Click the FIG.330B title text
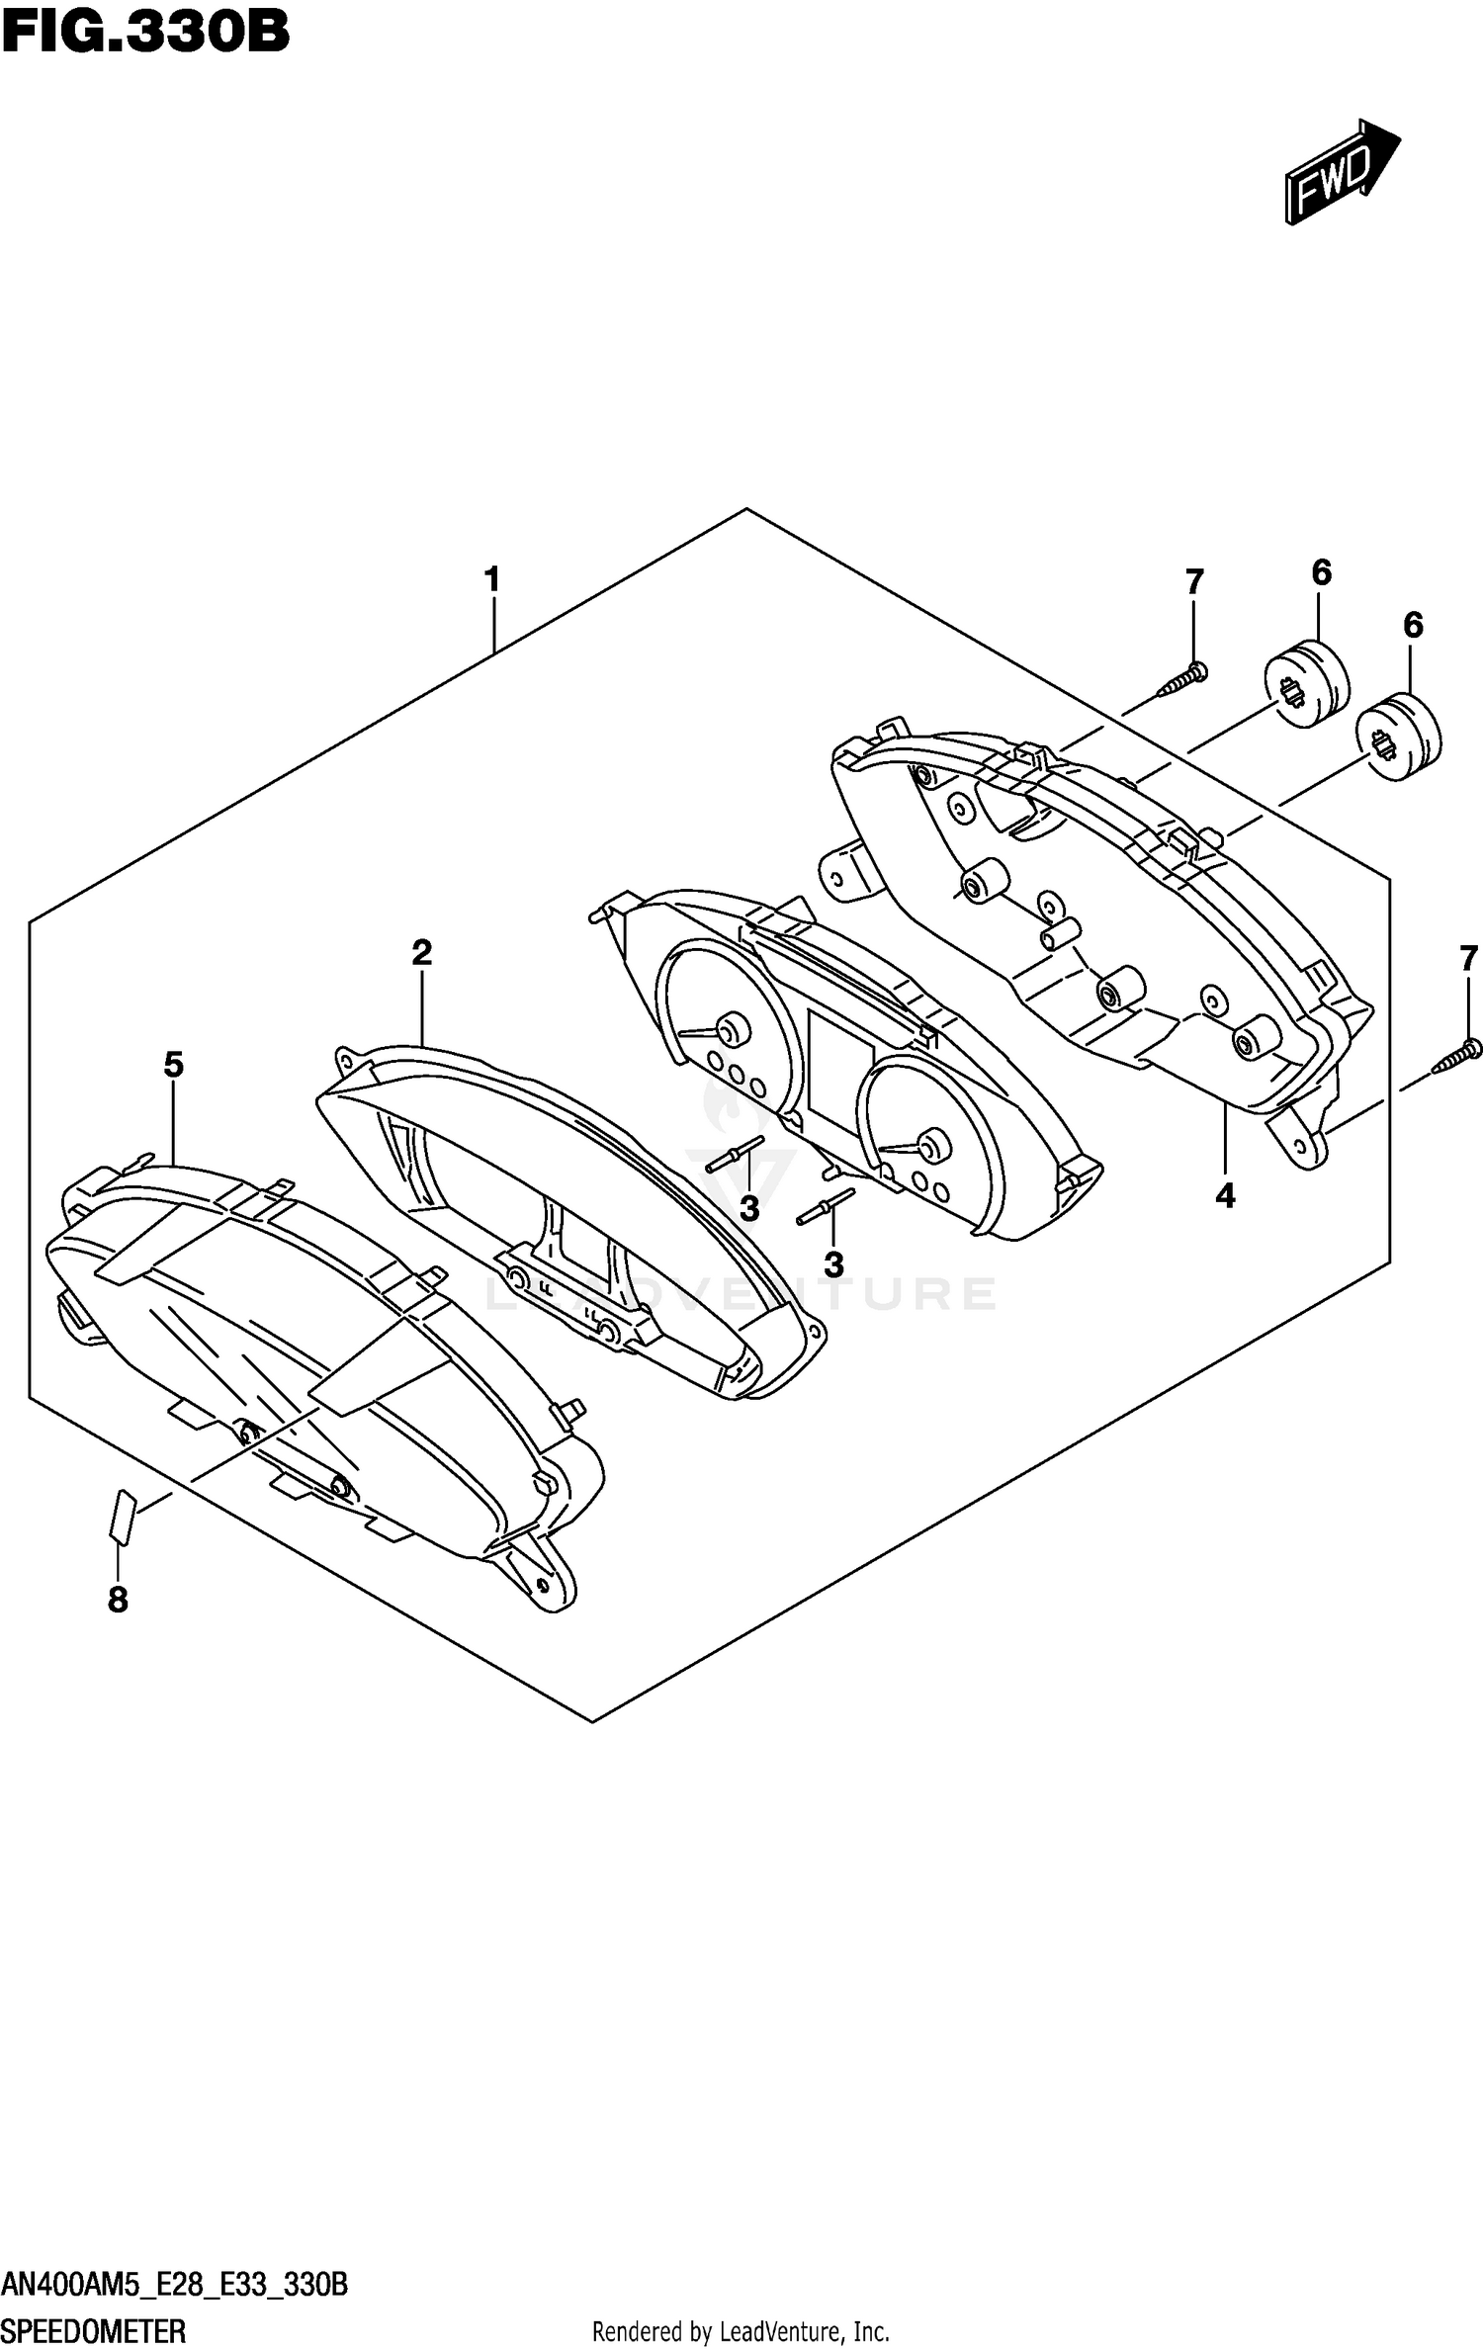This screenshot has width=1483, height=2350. [x=146, y=32]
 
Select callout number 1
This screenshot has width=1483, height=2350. [x=492, y=580]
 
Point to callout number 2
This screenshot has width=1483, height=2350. [x=422, y=953]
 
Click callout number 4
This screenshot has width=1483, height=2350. [x=1225, y=1197]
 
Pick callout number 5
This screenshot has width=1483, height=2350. [x=174, y=1065]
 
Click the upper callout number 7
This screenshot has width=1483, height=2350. [x=1194, y=583]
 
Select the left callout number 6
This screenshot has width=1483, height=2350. [x=1322, y=572]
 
